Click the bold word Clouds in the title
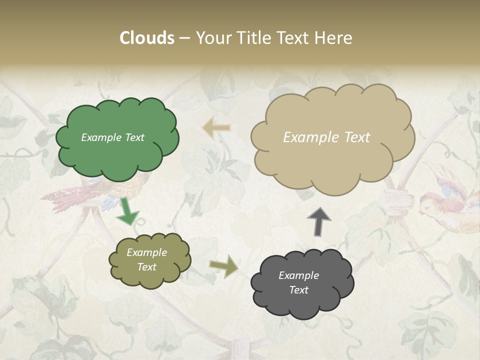click(x=147, y=38)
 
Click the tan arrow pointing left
click(x=216, y=128)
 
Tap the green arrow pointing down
click(x=127, y=211)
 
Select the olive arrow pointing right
click(x=224, y=266)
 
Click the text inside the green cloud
click(x=112, y=137)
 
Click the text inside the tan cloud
click(x=326, y=137)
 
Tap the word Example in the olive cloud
click(x=146, y=252)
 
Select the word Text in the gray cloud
click(x=298, y=290)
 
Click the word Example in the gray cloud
click(x=298, y=275)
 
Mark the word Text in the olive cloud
click(x=146, y=267)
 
